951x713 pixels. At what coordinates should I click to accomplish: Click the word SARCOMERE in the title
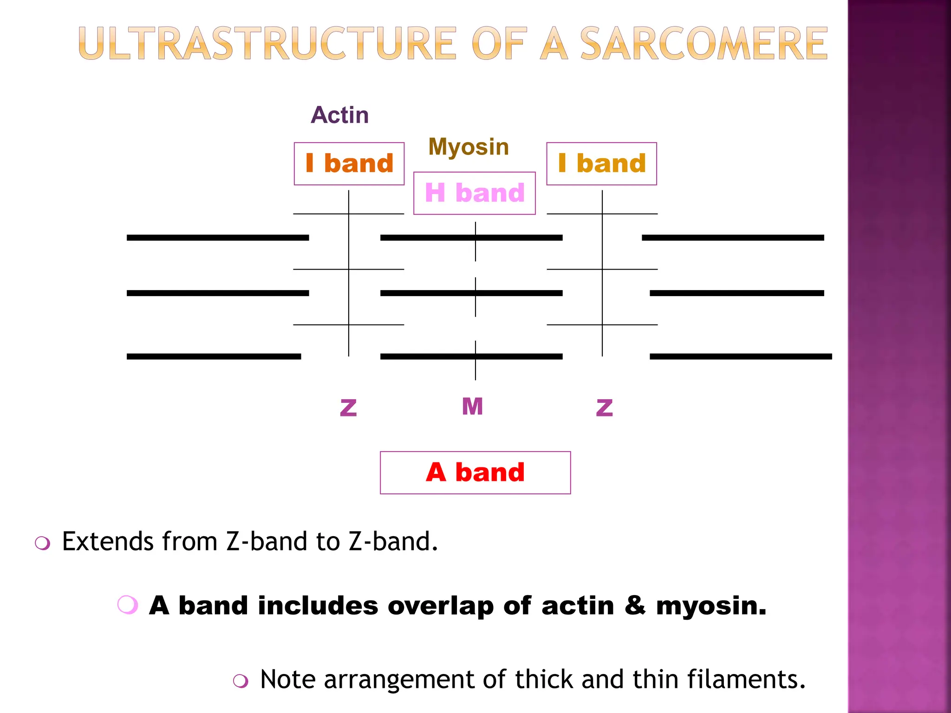click(703, 44)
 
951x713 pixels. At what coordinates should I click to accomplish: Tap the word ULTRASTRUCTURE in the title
click(267, 44)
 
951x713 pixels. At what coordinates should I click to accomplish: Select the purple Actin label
click(340, 115)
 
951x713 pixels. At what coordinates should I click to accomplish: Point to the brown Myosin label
click(469, 148)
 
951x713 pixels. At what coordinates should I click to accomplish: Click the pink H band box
click(475, 193)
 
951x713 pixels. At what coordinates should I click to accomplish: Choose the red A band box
click(475, 473)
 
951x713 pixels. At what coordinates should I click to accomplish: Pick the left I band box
click(349, 164)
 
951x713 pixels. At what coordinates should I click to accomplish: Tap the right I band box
click(602, 164)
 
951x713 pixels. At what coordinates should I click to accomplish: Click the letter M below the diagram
click(473, 406)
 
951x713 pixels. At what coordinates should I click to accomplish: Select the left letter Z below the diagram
click(348, 408)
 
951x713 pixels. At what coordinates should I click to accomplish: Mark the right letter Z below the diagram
click(604, 408)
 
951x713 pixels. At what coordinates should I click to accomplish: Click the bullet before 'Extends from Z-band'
click(43, 543)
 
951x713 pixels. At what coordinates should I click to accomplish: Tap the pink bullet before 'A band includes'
click(128, 605)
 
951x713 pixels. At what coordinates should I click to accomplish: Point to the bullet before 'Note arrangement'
click(241, 681)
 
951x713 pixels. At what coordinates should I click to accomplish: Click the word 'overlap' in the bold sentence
click(441, 606)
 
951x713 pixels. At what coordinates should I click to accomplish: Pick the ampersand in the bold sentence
click(635, 606)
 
